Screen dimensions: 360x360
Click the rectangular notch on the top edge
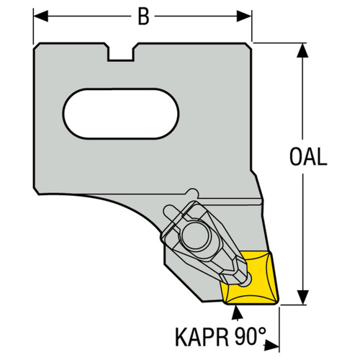120,53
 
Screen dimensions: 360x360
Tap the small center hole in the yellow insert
248,282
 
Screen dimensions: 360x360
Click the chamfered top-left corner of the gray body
37,51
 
